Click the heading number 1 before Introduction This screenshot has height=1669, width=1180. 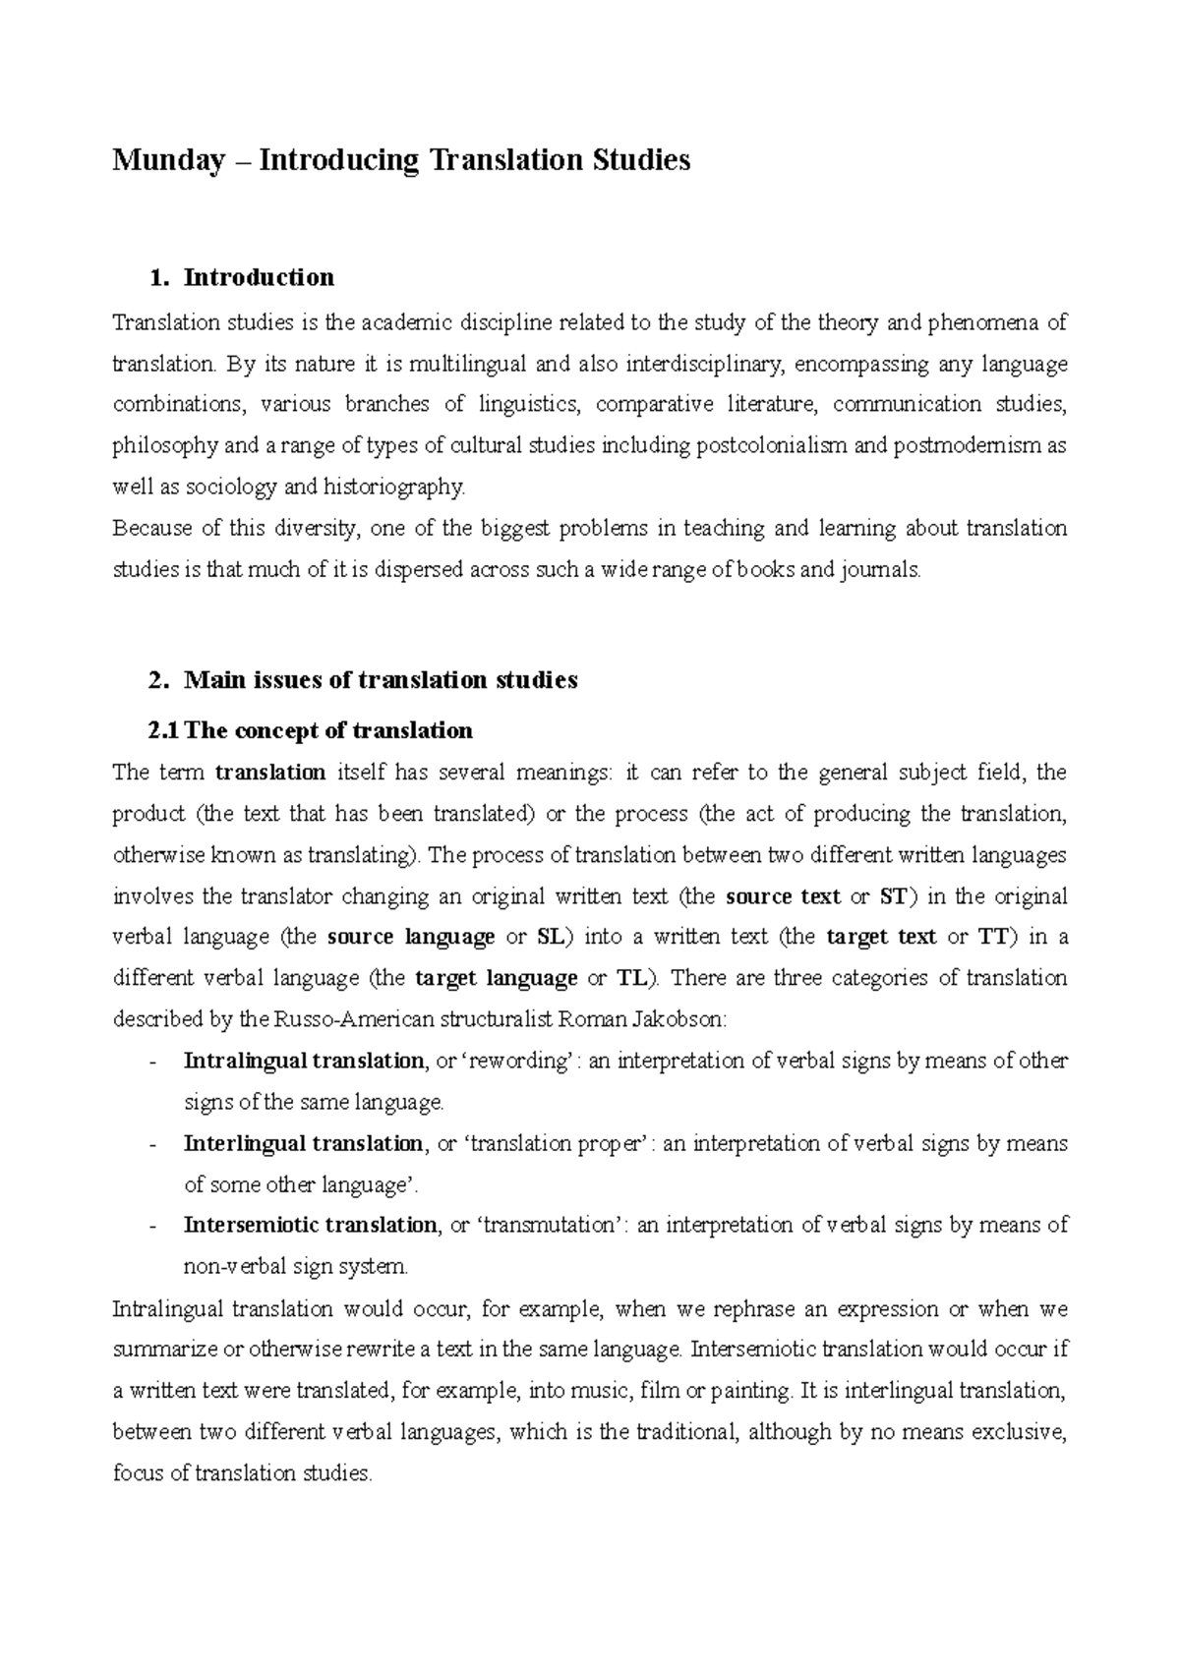point(155,278)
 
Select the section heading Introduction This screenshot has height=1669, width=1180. point(259,278)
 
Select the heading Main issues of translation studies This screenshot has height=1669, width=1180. point(381,680)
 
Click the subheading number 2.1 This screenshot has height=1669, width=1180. point(163,731)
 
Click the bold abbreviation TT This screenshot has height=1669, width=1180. point(993,937)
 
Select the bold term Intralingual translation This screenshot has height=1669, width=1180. point(303,1062)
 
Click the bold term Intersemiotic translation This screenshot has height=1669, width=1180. point(310,1226)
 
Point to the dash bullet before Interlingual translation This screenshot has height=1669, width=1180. point(150,1144)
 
